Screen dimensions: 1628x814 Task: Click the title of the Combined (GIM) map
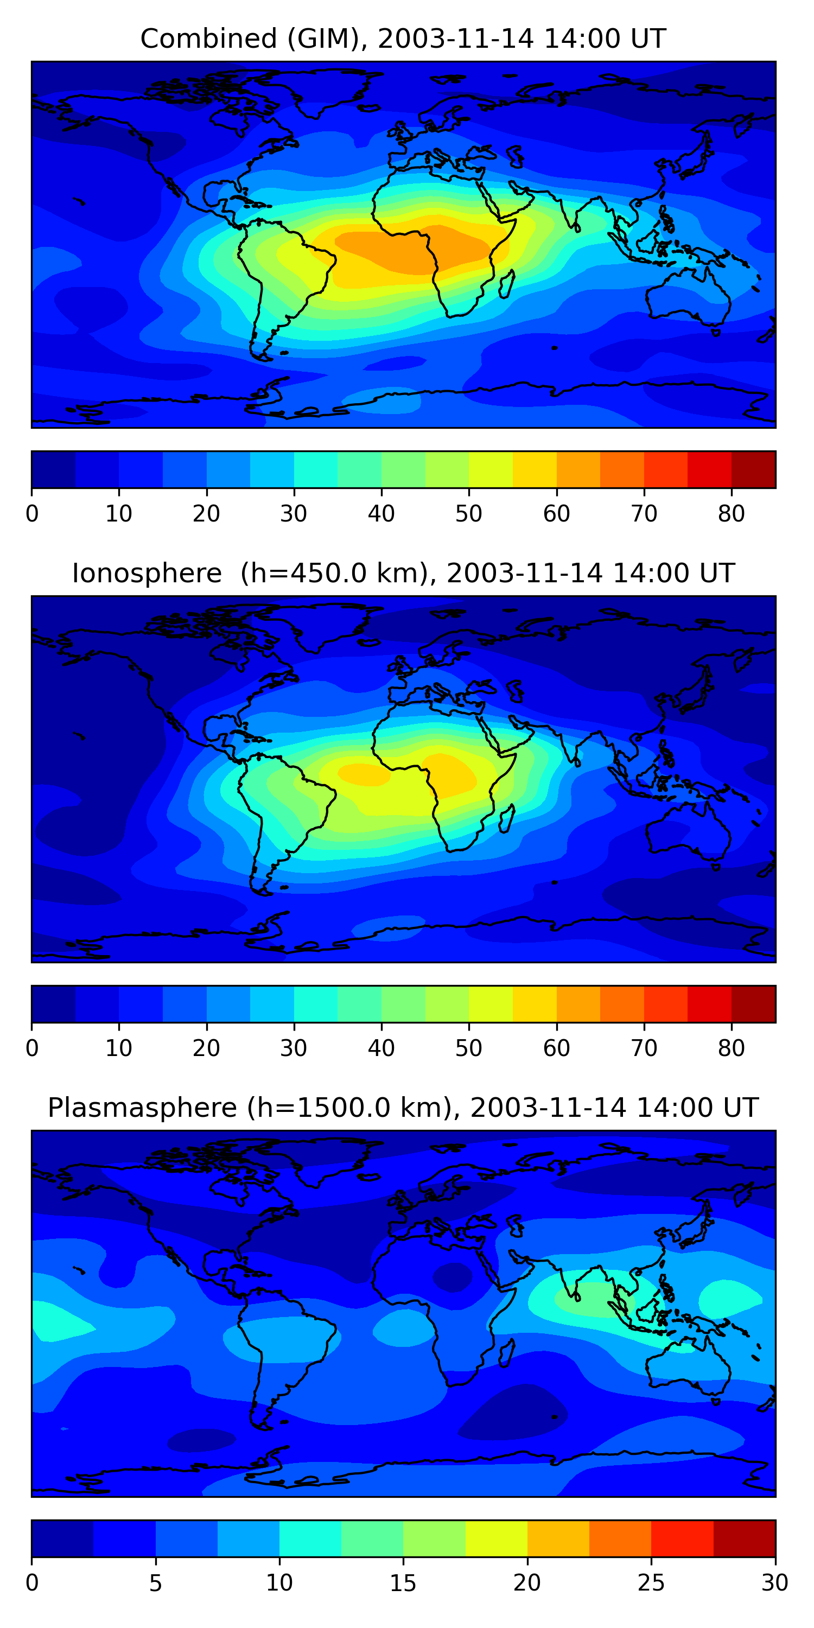pyautogui.click(x=403, y=39)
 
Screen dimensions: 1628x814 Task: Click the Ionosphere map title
pyautogui.click(x=403, y=573)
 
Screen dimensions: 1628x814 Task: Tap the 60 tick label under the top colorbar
pyautogui.click(x=556, y=514)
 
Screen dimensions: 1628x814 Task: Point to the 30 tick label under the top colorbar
pyautogui.click(x=294, y=514)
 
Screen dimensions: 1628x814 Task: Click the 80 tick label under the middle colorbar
pyautogui.click(x=731, y=1048)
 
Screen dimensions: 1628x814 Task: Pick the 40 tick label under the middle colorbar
pyautogui.click(x=381, y=1048)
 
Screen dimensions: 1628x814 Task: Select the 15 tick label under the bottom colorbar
pyautogui.click(x=403, y=1583)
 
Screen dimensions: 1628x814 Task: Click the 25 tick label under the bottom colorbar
pyautogui.click(x=651, y=1583)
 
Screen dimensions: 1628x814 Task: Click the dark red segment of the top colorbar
pyautogui.click(x=753, y=469)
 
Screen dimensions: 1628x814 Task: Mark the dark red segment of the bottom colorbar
pyautogui.click(x=745, y=1539)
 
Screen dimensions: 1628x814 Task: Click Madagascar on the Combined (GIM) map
pyautogui.click(x=507, y=284)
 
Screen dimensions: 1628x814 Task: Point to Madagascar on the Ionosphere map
pyautogui.click(x=507, y=819)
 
